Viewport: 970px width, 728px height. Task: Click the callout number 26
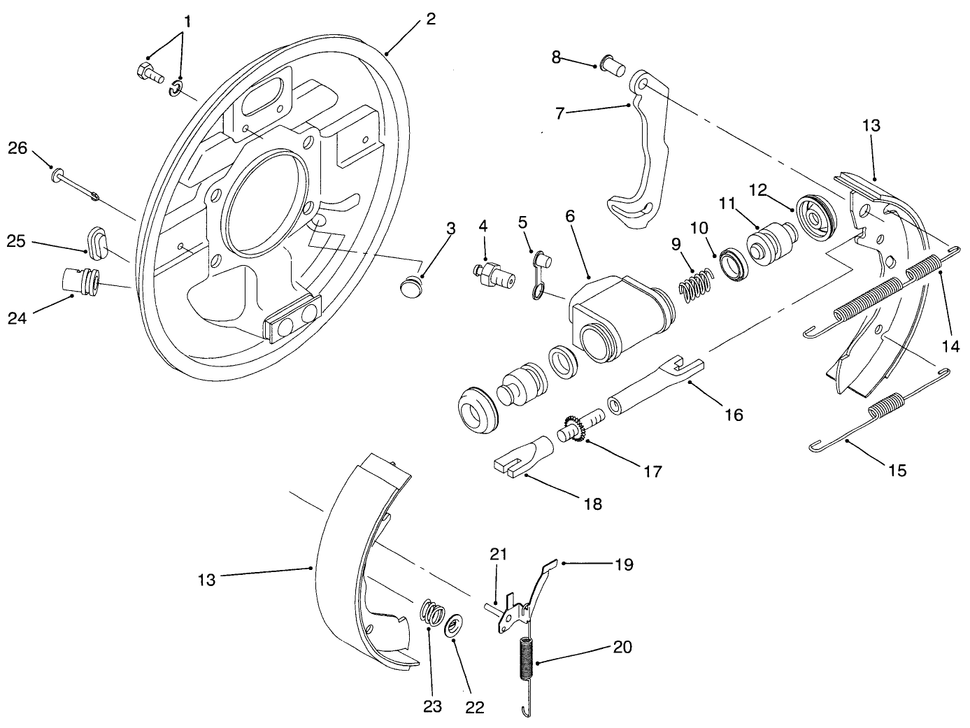[x=17, y=148]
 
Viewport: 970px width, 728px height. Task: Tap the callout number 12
[x=758, y=189]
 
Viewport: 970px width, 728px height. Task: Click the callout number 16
[x=734, y=415]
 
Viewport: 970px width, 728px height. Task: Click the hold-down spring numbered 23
[x=432, y=613]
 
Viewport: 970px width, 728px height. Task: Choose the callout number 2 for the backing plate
[x=430, y=19]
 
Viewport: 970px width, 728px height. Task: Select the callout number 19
[x=623, y=564]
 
